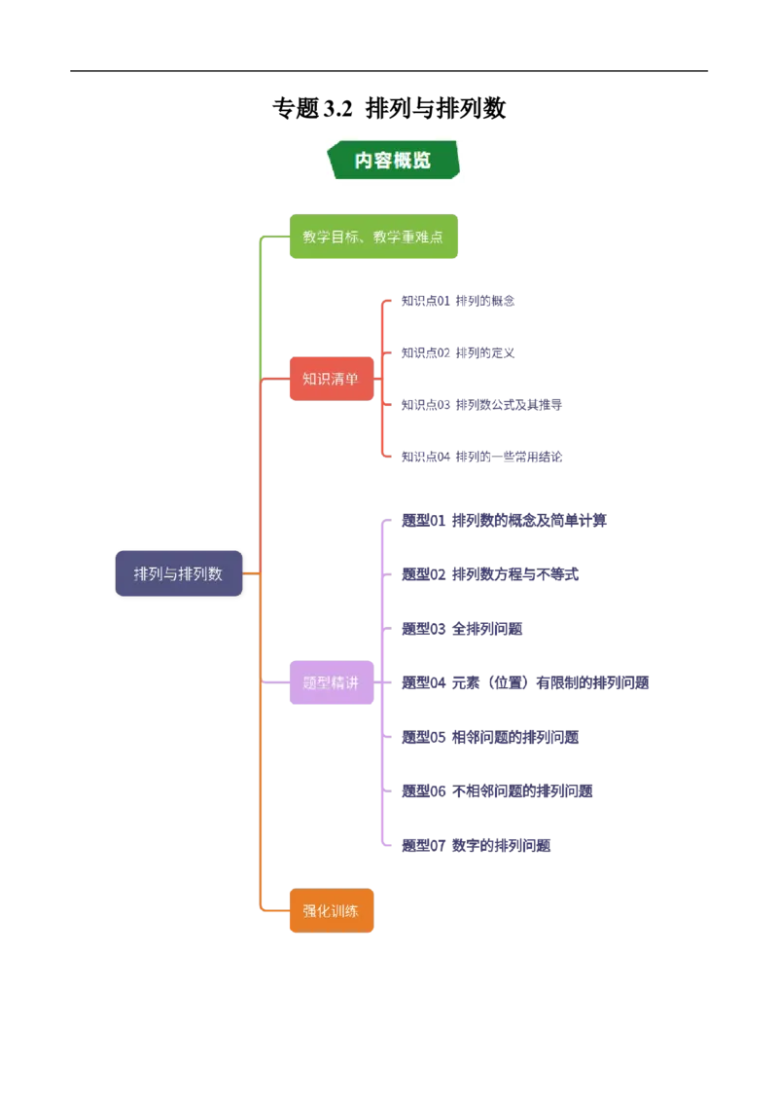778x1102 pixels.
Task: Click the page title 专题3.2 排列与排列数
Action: (389, 108)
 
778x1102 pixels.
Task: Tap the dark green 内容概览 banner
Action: (393, 161)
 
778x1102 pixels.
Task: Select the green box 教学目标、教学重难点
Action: (373, 237)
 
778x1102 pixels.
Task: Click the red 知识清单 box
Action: (332, 379)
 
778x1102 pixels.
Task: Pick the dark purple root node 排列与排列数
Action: (178, 573)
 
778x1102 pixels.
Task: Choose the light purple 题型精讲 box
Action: (332, 682)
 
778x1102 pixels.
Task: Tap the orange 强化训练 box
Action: (332, 911)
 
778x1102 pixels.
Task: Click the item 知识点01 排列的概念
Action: (458, 301)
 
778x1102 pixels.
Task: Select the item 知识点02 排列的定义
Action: (458, 352)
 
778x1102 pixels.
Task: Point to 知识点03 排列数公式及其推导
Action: (481, 405)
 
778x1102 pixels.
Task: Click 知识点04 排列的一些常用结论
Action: (481, 457)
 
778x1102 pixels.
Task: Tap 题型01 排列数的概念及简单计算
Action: (504, 520)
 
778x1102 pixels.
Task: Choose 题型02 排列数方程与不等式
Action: (490, 574)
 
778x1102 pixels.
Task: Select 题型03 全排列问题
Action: (462, 628)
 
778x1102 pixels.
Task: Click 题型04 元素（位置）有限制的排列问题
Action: (525, 682)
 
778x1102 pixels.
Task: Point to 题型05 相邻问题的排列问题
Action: (490, 737)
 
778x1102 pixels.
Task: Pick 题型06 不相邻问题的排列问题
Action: (497, 790)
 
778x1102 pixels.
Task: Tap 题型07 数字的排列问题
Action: (477, 845)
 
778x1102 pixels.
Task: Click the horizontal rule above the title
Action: (389, 71)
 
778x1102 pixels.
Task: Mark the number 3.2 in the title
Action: (337, 109)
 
